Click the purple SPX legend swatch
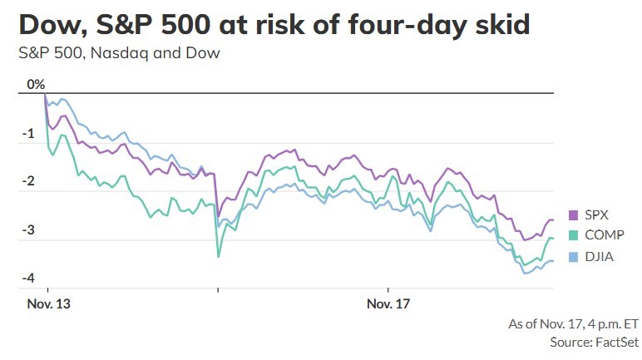pos(573,215)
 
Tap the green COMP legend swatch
pos(573,235)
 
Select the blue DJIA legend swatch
pos(573,257)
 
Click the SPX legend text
pos(596,215)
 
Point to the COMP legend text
pos(605,235)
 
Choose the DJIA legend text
pos(599,257)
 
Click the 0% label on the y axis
pos(36,84)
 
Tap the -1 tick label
pos(28,134)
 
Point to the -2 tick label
pos(28,181)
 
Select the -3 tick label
pos(28,230)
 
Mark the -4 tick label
pos(28,279)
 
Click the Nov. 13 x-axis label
pos(49,304)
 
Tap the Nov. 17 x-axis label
pos(388,304)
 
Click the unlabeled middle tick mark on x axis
pos(218,290)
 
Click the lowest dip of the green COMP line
pos(218,257)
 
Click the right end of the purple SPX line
pos(553,220)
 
